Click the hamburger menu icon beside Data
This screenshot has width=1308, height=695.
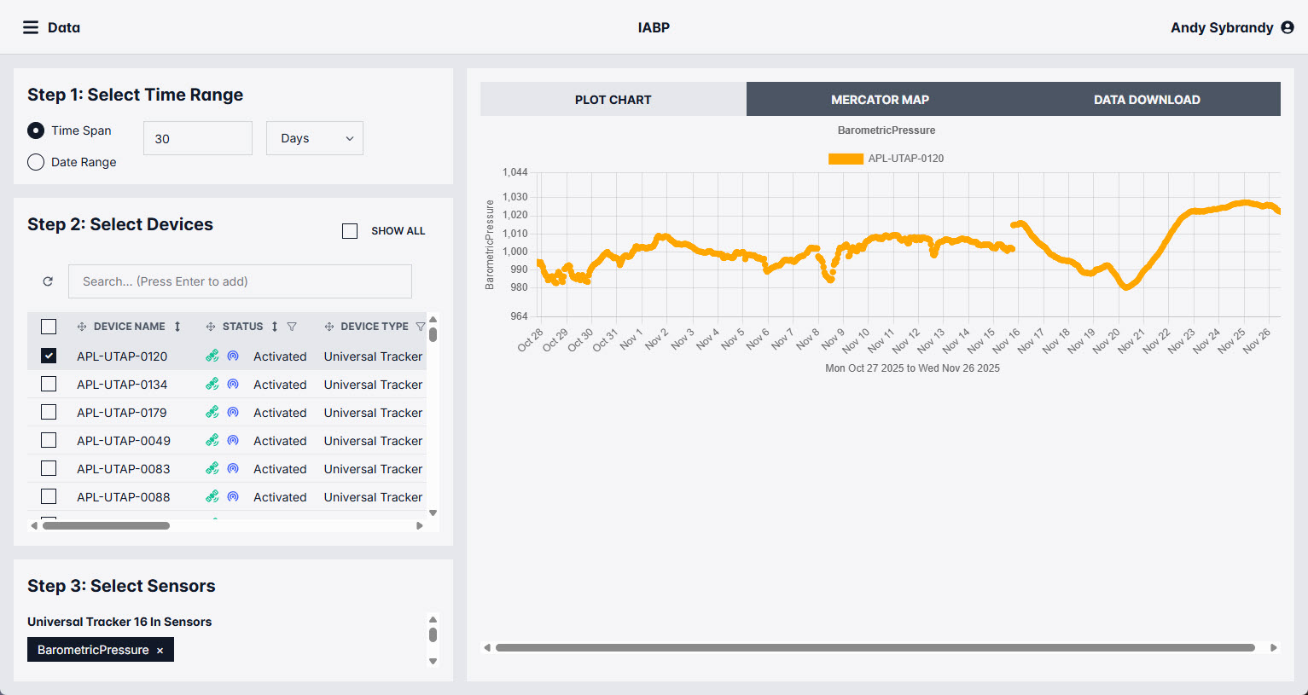tap(31, 27)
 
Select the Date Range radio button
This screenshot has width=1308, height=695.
tap(36, 162)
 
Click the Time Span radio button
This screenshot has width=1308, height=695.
tap(36, 130)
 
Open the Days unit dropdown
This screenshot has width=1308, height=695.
tap(315, 138)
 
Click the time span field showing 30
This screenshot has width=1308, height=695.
tap(198, 138)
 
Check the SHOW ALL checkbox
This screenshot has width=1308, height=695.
tap(350, 231)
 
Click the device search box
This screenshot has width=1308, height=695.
tap(240, 281)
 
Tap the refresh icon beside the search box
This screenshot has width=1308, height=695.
tap(48, 281)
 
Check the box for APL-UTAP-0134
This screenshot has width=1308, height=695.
tap(49, 384)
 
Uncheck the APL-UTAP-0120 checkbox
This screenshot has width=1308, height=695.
tap(49, 356)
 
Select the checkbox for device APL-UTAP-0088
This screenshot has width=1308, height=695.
tap(49, 496)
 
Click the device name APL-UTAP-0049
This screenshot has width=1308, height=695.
tap(124, 441)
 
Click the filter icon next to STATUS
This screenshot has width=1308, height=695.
tap(292, 327)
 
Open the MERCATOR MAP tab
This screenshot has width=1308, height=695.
tap(880, 99)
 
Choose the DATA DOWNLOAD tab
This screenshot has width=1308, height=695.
tap(1147, 99)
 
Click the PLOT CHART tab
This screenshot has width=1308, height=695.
tap(613, 99)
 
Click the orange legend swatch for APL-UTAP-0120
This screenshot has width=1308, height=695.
tap(846, 159)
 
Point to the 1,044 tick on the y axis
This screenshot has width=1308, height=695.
tap(514, 172)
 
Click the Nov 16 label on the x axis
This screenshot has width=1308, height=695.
tap(1005, 340)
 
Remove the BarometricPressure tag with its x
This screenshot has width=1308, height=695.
tap(160, 651)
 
